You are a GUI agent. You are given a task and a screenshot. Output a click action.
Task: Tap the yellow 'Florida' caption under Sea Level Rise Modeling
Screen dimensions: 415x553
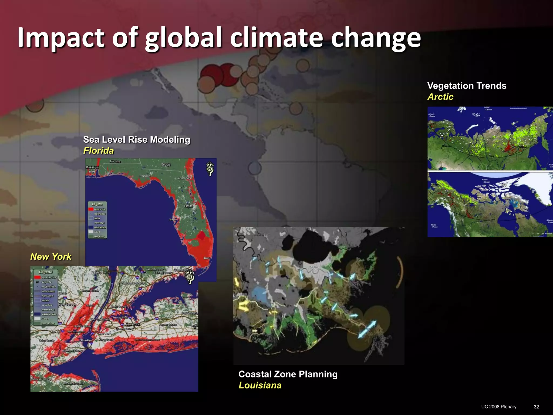tap(99, 150)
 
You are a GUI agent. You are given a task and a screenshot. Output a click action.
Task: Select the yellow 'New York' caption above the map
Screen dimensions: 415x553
tap(51, 256)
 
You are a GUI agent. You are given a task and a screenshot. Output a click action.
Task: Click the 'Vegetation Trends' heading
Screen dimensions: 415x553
tap(467, 86)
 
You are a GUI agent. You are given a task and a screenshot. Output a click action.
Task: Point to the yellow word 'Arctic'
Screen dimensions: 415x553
tap(440, 97)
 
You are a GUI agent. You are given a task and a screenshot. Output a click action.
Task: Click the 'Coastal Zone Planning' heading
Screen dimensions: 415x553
tap(288, 374)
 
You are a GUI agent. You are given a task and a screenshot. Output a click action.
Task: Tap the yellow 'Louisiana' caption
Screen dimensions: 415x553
tap(260, 385)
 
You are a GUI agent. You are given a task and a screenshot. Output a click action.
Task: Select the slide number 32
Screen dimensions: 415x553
tap(536, 407)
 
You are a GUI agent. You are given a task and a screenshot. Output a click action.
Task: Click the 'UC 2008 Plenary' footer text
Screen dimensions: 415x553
tap(499, 407)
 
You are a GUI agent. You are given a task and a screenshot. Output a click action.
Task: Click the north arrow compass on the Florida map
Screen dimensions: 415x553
tap(210, 169)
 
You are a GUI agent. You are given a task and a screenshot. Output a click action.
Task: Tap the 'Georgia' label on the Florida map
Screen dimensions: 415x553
tap(166, 165)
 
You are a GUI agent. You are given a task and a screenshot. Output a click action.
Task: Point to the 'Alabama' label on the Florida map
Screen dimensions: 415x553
tap(115, 162)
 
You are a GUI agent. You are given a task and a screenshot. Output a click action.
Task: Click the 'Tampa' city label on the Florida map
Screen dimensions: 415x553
tap(172, 220)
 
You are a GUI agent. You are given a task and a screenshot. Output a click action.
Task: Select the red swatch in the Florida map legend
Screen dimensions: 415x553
tap(91, 209)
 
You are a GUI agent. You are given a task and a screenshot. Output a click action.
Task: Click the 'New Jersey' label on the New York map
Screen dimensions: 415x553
tap(67, 305)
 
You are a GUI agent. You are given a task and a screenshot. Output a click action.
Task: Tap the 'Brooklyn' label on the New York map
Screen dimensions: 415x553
tap(86, 340)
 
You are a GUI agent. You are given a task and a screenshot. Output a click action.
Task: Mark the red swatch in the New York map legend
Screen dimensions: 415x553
tap(37, 277)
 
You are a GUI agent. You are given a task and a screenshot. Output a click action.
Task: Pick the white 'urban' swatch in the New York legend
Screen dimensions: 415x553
tap(37, 319)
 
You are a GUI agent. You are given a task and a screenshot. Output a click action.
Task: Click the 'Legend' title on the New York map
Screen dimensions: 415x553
tap(46, 272)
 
